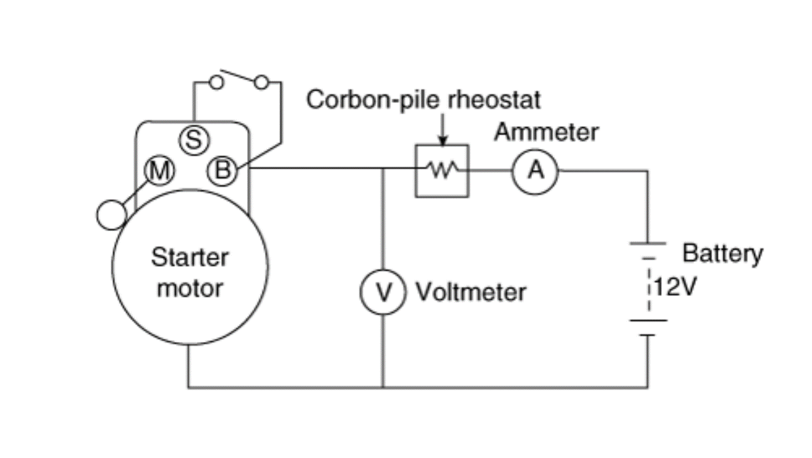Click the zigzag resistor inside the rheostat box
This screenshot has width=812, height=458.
click(x=443, y=169)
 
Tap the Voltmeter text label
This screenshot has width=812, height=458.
click(x=471, y=292)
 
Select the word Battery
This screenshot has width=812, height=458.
click(x=723, y=254)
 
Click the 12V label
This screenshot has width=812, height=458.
click(x=675, y=287)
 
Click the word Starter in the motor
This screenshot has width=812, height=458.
click(x=190, y=258)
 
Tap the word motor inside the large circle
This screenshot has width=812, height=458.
click(x=190, y=289)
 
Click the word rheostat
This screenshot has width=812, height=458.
click(x=494, y=99)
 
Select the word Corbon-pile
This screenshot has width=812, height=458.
click(x=375, y=100)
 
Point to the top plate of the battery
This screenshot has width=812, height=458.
click(x=648, y=243)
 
